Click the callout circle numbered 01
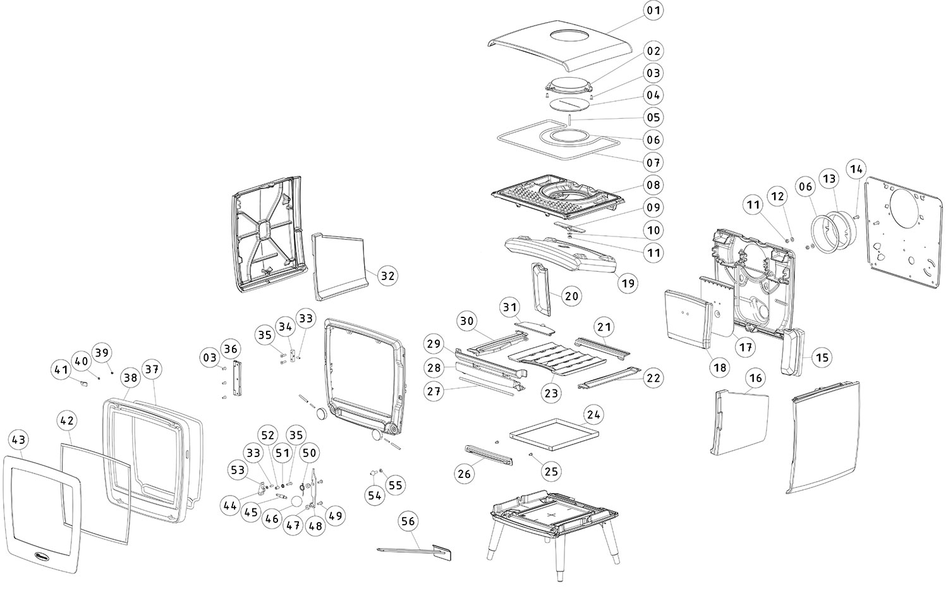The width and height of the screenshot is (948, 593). coord(653,11)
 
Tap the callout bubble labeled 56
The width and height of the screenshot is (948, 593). coord(408,521)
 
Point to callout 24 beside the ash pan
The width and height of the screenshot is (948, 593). coord(593,415)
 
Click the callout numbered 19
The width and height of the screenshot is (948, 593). coord(628,283)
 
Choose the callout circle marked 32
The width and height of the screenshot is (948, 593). coord(387,276)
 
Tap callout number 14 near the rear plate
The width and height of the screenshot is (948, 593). coord(856,169)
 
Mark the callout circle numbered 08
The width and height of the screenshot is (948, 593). coord(653,185)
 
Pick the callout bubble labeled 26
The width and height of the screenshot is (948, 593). coord(465,474)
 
